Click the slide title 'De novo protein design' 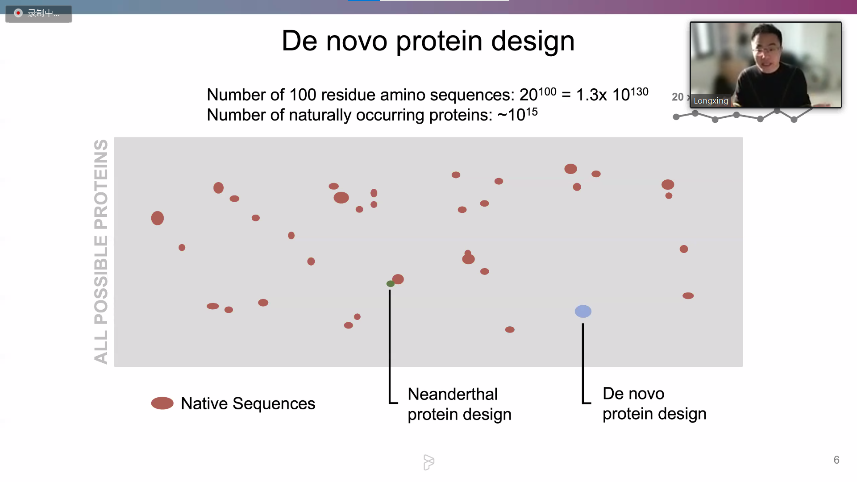[x=428, y=41]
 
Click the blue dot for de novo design [x=583, y=311]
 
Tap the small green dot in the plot [x=390, y=284]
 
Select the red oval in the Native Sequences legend [x=162, y=403]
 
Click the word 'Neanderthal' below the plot [x=452, y=394]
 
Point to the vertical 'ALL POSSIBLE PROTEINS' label [x=101, y=251]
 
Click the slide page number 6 [x=836, y=460]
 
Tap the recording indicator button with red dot [x=38, y=13]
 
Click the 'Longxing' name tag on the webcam [x=711, y=101]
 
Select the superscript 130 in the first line [x=639, y=91]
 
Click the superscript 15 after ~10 [x=531, y=111]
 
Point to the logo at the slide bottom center [x=428, y=462]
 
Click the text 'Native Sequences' [x=248, y=403]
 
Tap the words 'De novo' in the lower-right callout [x=633, y=394]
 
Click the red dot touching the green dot [x=398, y=279]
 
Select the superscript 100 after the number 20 [x=547, y=91]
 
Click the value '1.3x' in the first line [x=591, y=95]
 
